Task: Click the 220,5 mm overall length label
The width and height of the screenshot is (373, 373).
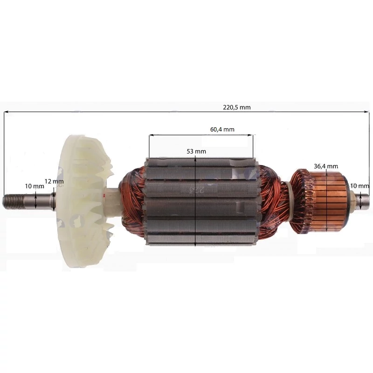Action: [x=237, y=107]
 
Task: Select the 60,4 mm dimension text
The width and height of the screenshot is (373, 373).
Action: [x=222, y=130]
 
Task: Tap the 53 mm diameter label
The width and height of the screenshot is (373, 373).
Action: [x=196, y=151]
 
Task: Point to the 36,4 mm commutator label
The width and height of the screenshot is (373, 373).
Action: [x=326, y=166]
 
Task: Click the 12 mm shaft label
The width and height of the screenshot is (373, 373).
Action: [x=54, y=181]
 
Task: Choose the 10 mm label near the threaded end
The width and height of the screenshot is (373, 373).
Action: [x=35, y=186]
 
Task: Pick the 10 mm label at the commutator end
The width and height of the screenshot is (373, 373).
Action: [x=360, y=186]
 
